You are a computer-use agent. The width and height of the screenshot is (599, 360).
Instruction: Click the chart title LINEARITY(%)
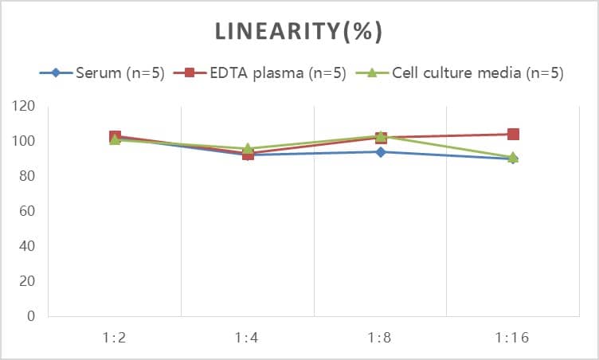[x=299, y=31]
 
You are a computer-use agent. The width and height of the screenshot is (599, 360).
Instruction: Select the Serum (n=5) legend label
[x=120, y=73]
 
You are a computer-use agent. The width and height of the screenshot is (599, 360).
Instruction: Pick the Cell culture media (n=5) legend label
[x=477, y=73]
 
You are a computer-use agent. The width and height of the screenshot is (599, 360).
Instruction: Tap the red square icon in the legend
[x=190, y=73]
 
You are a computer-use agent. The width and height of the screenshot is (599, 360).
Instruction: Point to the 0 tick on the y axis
[x=31, y=316]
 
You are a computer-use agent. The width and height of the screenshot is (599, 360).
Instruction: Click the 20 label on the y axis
[x=28, y=281]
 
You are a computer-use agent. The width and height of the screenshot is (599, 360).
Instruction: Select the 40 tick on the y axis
[x=28, y=246]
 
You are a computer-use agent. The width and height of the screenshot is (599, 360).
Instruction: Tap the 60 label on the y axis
[x=28, y=211]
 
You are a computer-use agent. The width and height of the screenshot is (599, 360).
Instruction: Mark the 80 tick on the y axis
[x=28, y=176]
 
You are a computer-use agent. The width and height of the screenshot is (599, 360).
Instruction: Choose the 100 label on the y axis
[x=25, y=141]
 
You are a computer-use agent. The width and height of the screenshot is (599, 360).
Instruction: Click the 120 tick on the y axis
[x=25, y=106]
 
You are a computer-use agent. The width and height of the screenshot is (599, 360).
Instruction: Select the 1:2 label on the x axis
[x=115, y=337]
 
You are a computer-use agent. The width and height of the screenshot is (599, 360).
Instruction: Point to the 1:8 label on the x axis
[x=380, y=337]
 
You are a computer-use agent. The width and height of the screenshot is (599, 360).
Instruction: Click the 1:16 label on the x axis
[x=513, y=337]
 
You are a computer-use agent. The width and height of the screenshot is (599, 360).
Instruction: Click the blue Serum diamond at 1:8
[x=381, y=151]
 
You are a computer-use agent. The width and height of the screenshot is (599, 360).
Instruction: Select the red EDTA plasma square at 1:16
[x=513, y=134]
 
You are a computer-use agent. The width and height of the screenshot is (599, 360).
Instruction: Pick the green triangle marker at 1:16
[x=513, y=157]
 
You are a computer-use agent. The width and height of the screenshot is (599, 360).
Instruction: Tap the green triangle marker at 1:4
[x=248, y=148]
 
